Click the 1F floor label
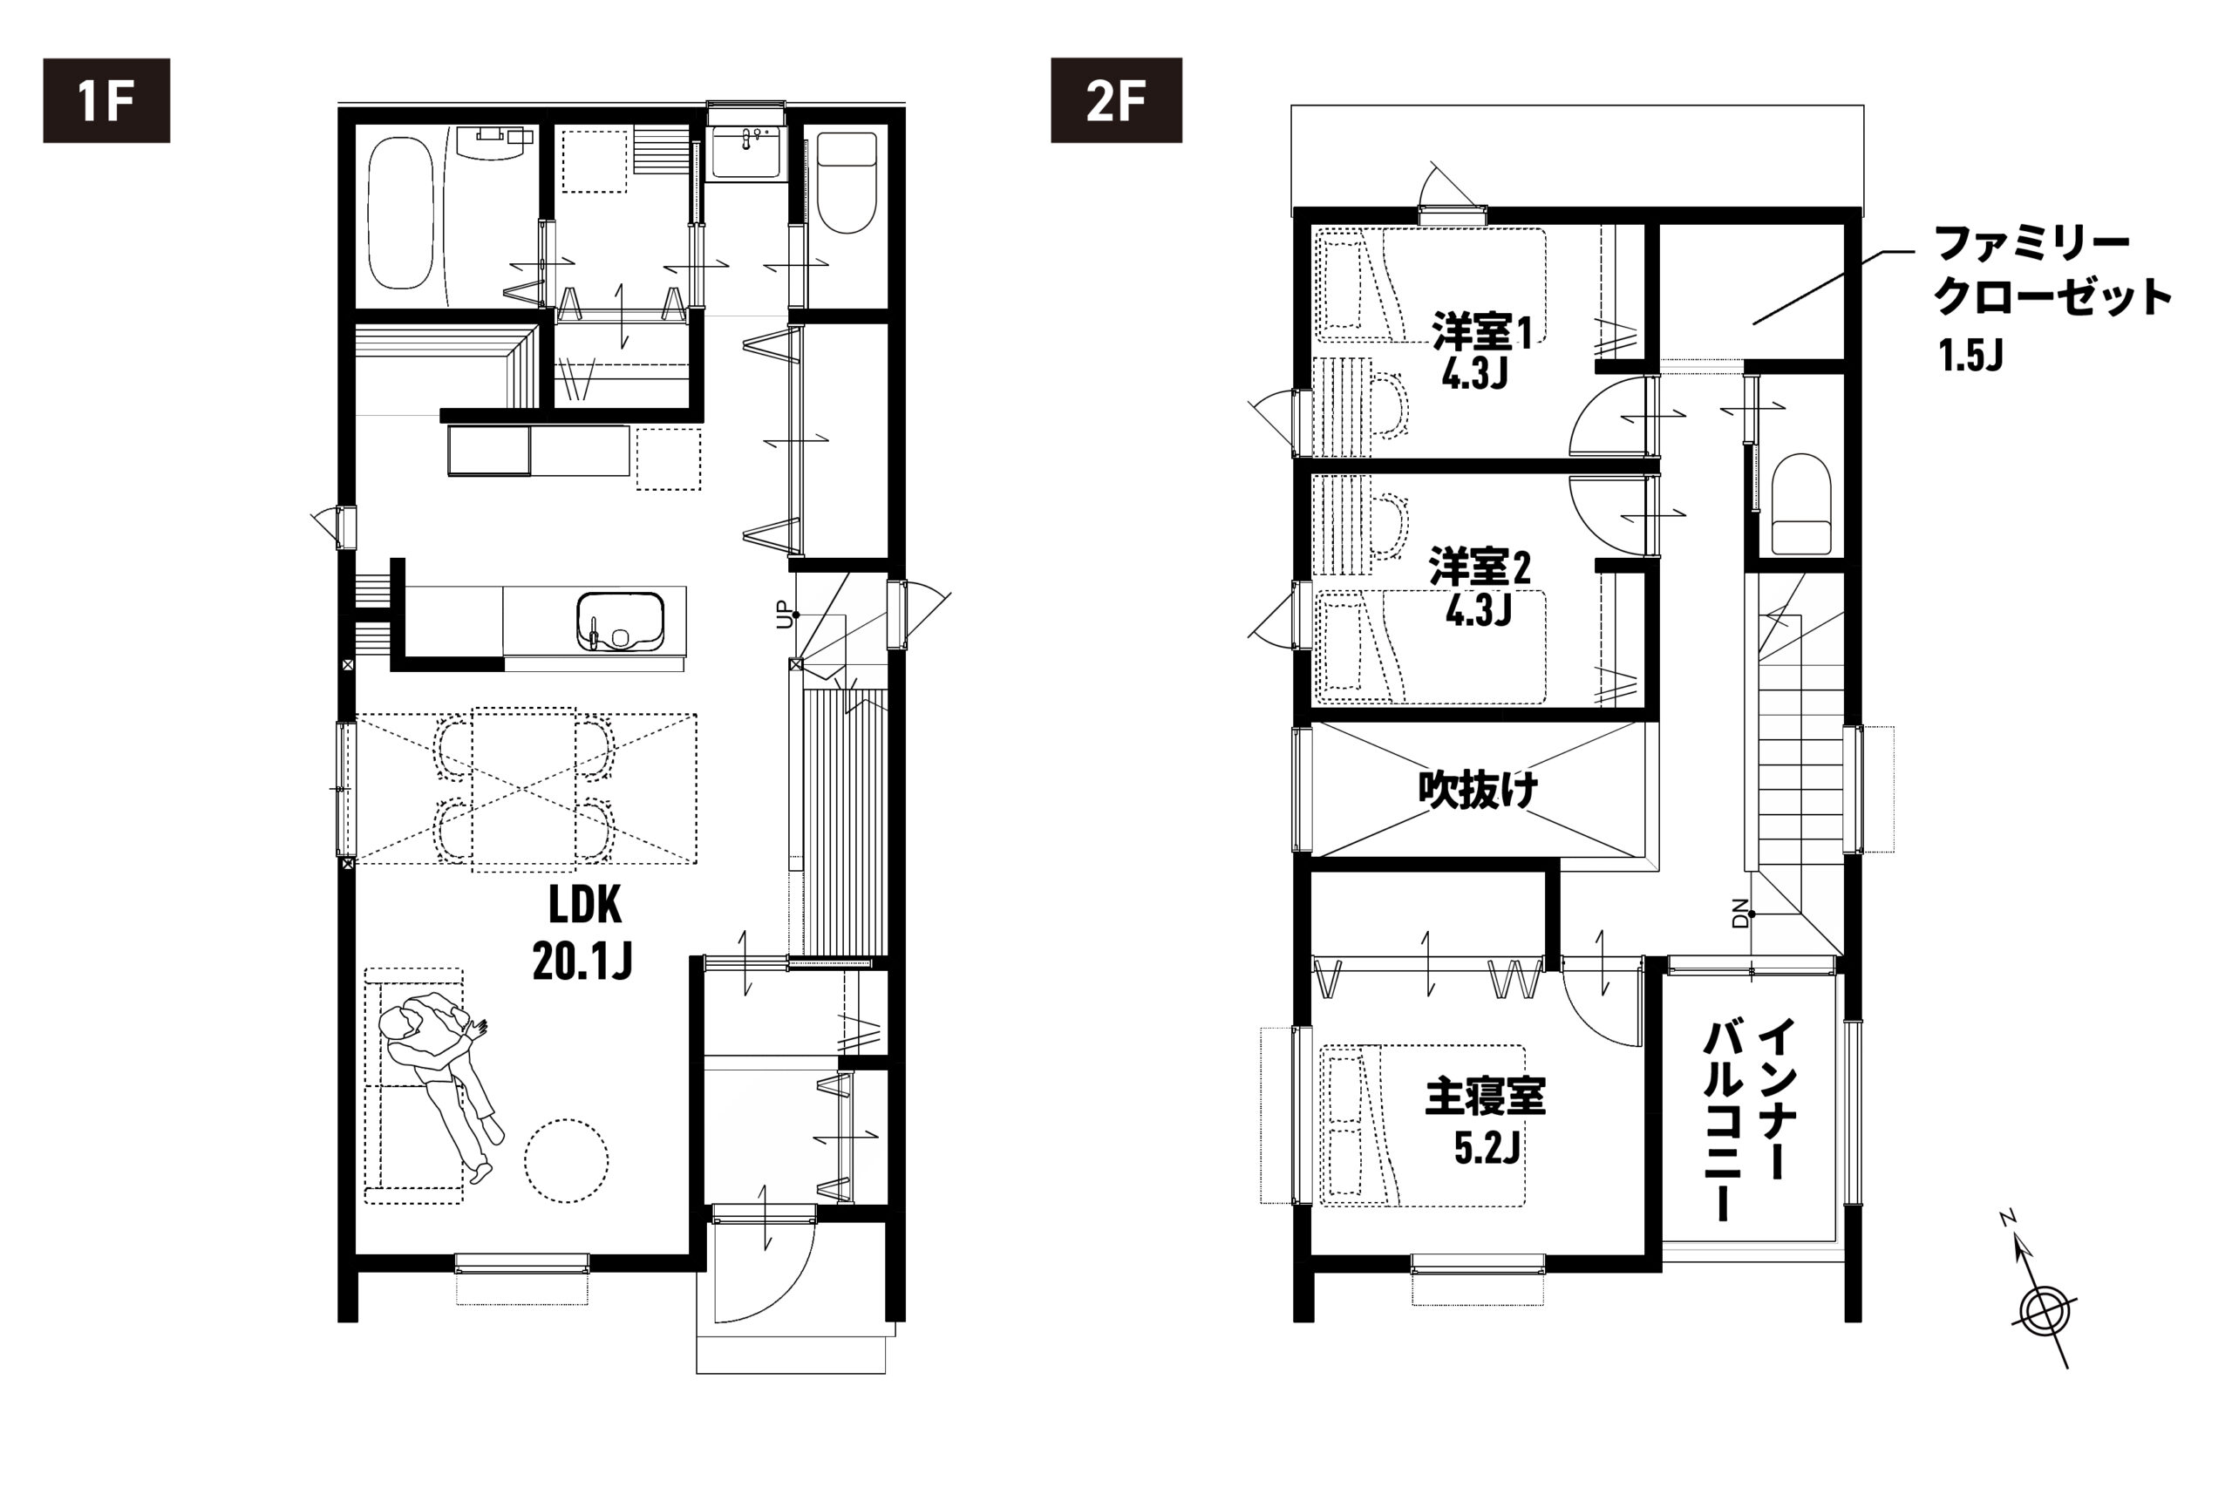pyautogui.click(x=106, y=100)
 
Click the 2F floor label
pyautogui.click(x=1116, y=100)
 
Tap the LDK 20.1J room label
pyautogui.click(x=582, y=933)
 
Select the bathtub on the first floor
pyautogui.click(x=400, y=213)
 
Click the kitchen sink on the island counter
pyautogui.click(x=621, y=622)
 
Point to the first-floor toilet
pyautogui.click(x=847, y=183)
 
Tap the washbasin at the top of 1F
pyautogui.click(x=746, y=153)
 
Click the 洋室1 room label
pyautogui.click(x=1480, y=351)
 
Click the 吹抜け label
pyautogui.click(x=1479, y=790)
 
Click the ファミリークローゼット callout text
pyautogui.click(x=2052, y=270)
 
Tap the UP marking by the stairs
pyautogui.click(x=783, y=615)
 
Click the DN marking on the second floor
pyautogui.click(x=1739, y=913)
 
